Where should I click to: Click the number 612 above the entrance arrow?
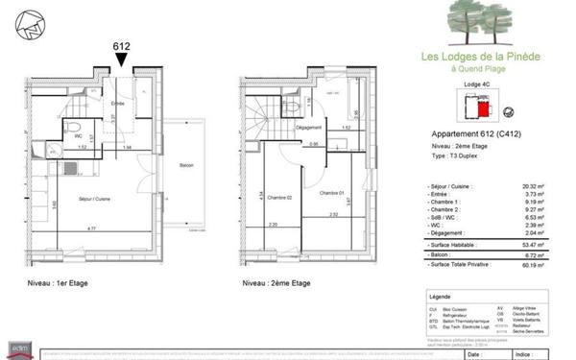(122, 44)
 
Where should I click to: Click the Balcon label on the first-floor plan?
(186, 167)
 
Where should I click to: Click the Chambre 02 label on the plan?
(278, 195)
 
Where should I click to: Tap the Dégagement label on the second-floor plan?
(307, 128)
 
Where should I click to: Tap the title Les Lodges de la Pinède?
(481, 57)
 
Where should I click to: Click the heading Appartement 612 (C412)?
(471, 135)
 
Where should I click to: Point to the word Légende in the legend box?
(442, 299)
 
